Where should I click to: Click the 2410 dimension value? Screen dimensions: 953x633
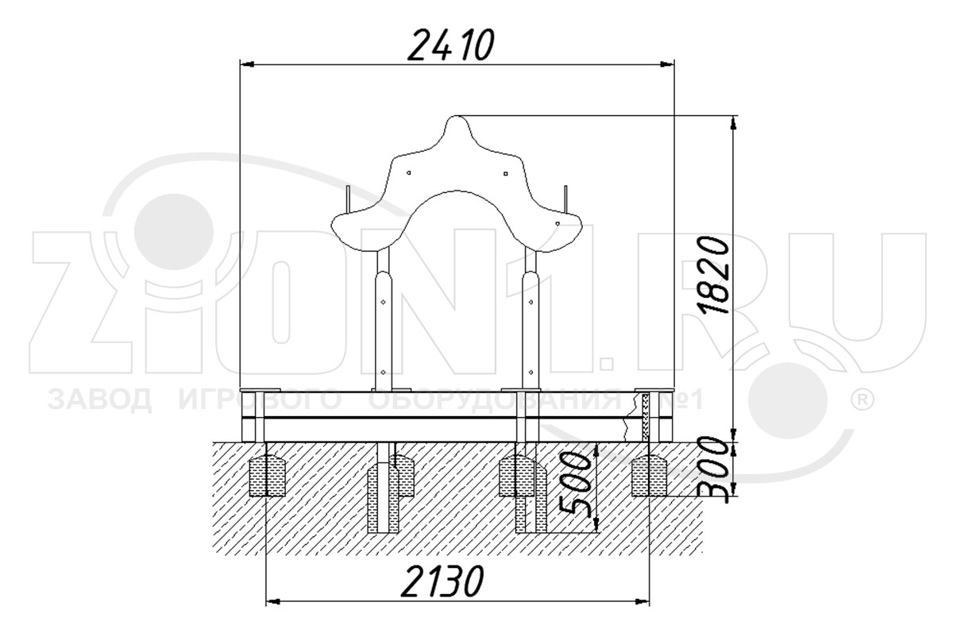[451, 44]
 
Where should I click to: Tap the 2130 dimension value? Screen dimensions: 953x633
[442, 581]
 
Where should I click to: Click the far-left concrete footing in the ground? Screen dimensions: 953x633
[267, 477]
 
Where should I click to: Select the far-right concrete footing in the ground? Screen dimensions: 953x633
[649, 477]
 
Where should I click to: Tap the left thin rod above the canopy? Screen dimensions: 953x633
[348, 199]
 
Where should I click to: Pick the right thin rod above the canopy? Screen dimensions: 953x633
[565, 199]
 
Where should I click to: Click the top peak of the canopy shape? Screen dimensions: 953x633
[457, 116]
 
